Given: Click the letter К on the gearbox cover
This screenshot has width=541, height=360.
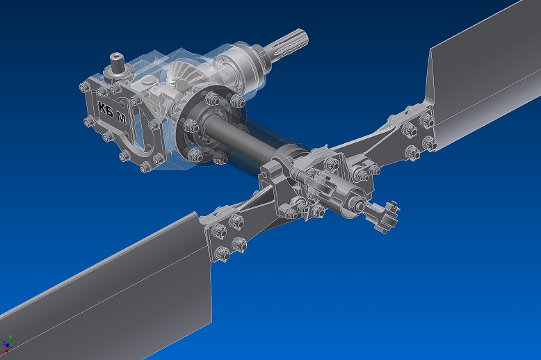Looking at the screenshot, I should point(101,108).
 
